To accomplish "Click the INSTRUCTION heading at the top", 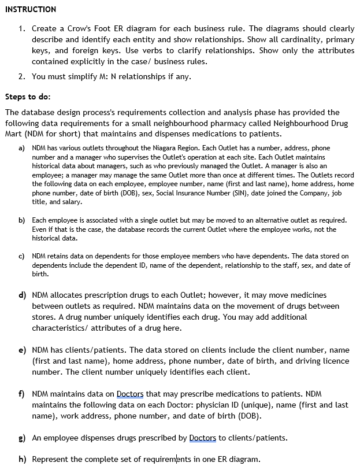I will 31,9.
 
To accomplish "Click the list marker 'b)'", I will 21,221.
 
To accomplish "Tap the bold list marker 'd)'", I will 21,295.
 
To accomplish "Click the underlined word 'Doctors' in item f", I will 130,394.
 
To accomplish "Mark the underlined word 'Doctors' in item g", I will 202,438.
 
